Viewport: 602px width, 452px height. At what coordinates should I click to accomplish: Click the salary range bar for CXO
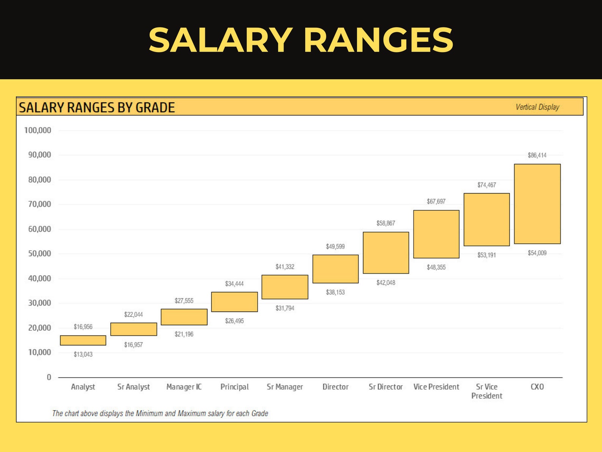537,204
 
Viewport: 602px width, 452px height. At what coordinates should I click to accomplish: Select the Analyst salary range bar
83,340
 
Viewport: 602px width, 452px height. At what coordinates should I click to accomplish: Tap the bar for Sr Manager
285,287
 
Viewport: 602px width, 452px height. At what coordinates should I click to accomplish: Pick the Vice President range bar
436,234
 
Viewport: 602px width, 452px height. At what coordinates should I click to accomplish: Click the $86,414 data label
537,155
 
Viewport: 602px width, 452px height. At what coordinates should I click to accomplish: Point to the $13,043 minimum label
83,354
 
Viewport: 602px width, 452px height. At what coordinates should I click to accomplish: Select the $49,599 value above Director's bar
335,247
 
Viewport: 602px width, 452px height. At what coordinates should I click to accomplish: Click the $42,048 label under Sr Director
386,283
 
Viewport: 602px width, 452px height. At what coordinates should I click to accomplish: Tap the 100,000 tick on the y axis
38,130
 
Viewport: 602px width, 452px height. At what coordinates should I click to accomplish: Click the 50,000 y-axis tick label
39,254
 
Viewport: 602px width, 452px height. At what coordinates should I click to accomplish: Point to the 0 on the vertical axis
49,377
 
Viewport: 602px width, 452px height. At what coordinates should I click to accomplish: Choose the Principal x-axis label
234,387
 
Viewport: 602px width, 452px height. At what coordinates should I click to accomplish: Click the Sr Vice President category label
487,391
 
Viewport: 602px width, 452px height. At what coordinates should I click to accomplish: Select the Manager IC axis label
184,387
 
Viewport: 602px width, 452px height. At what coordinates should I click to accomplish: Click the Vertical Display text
537,107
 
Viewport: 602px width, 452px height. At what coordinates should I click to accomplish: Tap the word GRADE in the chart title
155,107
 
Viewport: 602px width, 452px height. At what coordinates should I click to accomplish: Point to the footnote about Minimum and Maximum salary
160,413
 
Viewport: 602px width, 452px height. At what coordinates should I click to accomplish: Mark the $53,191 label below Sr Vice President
486,255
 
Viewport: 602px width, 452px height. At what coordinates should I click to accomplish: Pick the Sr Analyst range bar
133,329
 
